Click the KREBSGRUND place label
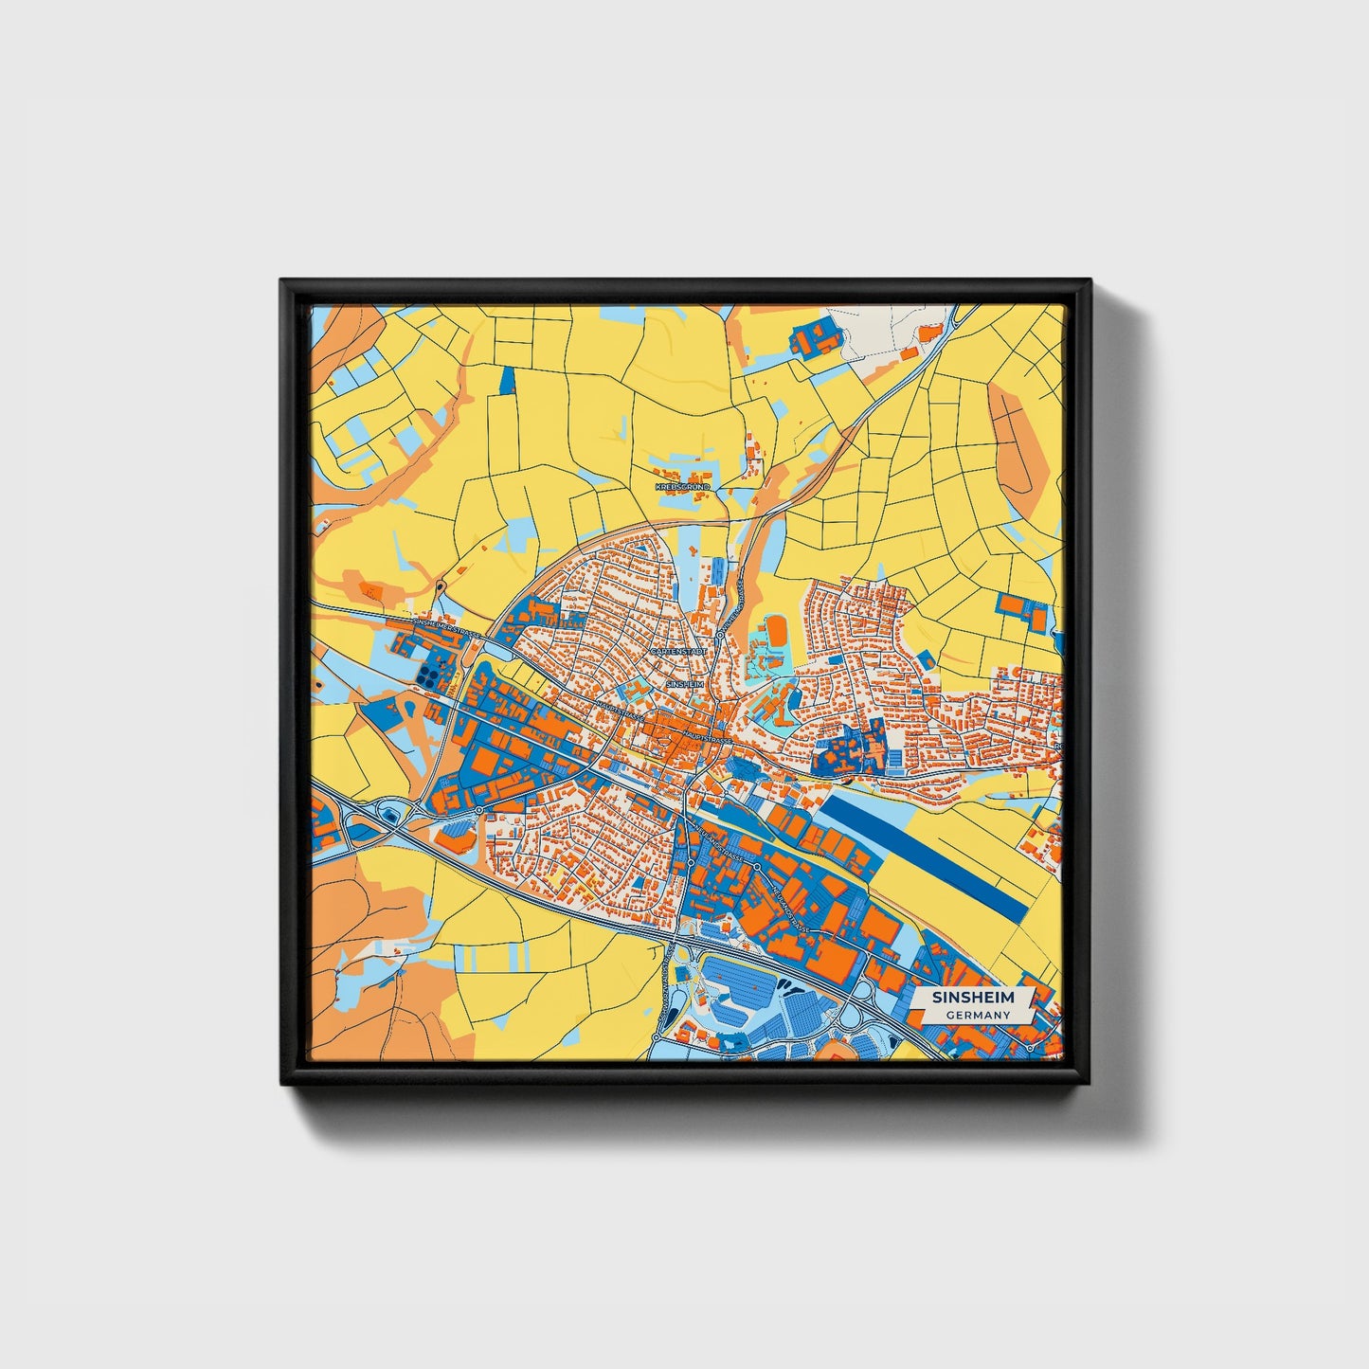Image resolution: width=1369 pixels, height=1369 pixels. pyautogui.click(x=682, y=486)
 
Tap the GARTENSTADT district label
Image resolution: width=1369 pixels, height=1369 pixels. pyautogui.click(x=677, y=653)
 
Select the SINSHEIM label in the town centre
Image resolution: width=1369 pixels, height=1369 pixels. pyautogui.click(x=685, y=683)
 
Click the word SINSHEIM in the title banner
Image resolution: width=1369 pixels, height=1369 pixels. pyautogui.click(x=973, y=998)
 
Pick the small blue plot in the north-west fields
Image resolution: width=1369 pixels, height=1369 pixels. pyautogui.click(x=508, y=379)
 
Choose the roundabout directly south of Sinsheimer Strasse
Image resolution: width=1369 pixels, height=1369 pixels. pyautogui.click(x=479, y=810)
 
